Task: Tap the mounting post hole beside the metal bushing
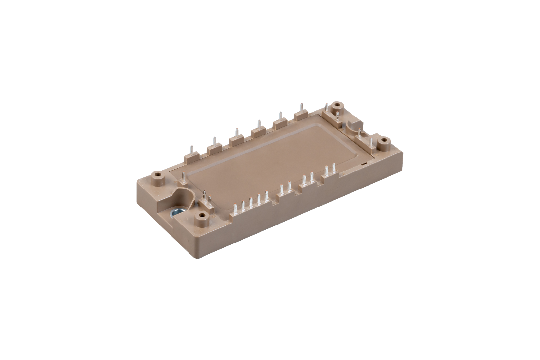pos(202,216)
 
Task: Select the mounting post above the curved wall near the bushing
pos(158,175)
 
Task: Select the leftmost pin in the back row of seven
pos(191,150)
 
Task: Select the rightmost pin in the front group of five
pos(267,196)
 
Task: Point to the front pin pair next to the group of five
pos(285,187)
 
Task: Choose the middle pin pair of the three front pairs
pos(308,178)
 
